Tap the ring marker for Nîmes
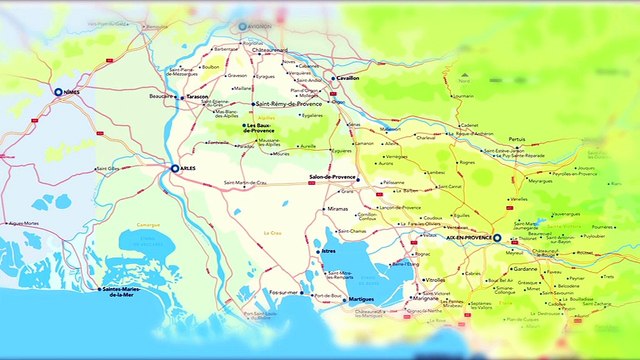coord(58,92)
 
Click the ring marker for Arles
coord(175,169)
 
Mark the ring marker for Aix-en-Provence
coord(497,238)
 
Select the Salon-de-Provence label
coord(333,177)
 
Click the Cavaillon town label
coord(349,77)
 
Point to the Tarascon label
coord(197,96)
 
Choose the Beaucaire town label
coord(160,96)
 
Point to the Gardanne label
coord(524,268)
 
